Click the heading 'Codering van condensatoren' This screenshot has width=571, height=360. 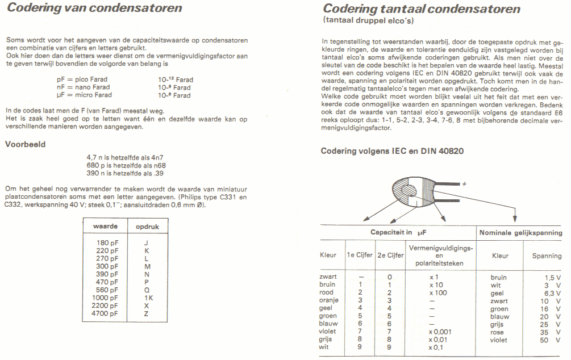coord(94,9)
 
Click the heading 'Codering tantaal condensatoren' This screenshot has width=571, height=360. coord(421,9)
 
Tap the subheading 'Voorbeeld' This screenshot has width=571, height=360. coord(26,144)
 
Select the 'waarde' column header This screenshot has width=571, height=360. coord(105,226)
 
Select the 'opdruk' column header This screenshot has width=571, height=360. coord(147,226)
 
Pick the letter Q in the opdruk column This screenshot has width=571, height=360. coord(147,290)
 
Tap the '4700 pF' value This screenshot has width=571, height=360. coord(105,313)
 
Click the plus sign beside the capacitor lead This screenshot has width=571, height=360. coord(464,184)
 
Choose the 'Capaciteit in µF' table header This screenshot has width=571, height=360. coord(398,232)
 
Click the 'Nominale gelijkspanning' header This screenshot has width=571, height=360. coord(520,233)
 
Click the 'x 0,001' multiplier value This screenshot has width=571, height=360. coord(441,332)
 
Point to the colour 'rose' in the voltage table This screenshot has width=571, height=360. coord(497,332)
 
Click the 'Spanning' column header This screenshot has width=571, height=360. coord(547,256)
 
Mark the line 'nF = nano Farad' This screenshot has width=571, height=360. coord(82,87)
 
